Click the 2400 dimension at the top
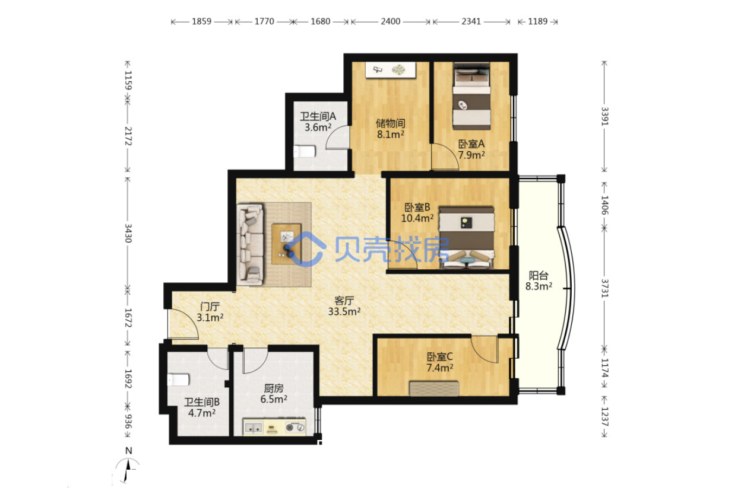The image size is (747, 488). click(x=390, y=22)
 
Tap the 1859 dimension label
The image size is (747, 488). click(x=201, y=22)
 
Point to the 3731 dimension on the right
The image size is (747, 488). click(x=604, y=288)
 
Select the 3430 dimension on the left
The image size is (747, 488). click(x=128, y=233)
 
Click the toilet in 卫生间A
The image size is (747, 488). click(x=305, y=152)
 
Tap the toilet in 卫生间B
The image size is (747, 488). click(x=178, y=379)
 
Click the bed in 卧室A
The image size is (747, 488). click(x=471, y=96)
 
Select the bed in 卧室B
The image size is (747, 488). click(x=467, y=238)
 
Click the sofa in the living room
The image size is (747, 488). click(x=250, y=244)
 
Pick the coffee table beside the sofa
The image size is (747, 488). click(x=286, y=244)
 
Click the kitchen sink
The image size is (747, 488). click(x=254, y=428)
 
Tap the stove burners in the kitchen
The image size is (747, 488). click(x=295, y=427)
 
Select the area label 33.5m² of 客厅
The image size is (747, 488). click(x=344, y=311)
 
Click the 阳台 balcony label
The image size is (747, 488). click(x=539, y=276)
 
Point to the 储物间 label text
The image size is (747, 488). click(x=391, y=123)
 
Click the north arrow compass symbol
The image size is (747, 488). click(x=128, y=470)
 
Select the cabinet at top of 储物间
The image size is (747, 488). click(x=391, y=70)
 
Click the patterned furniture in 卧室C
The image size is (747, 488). click(x=434, y=389)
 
